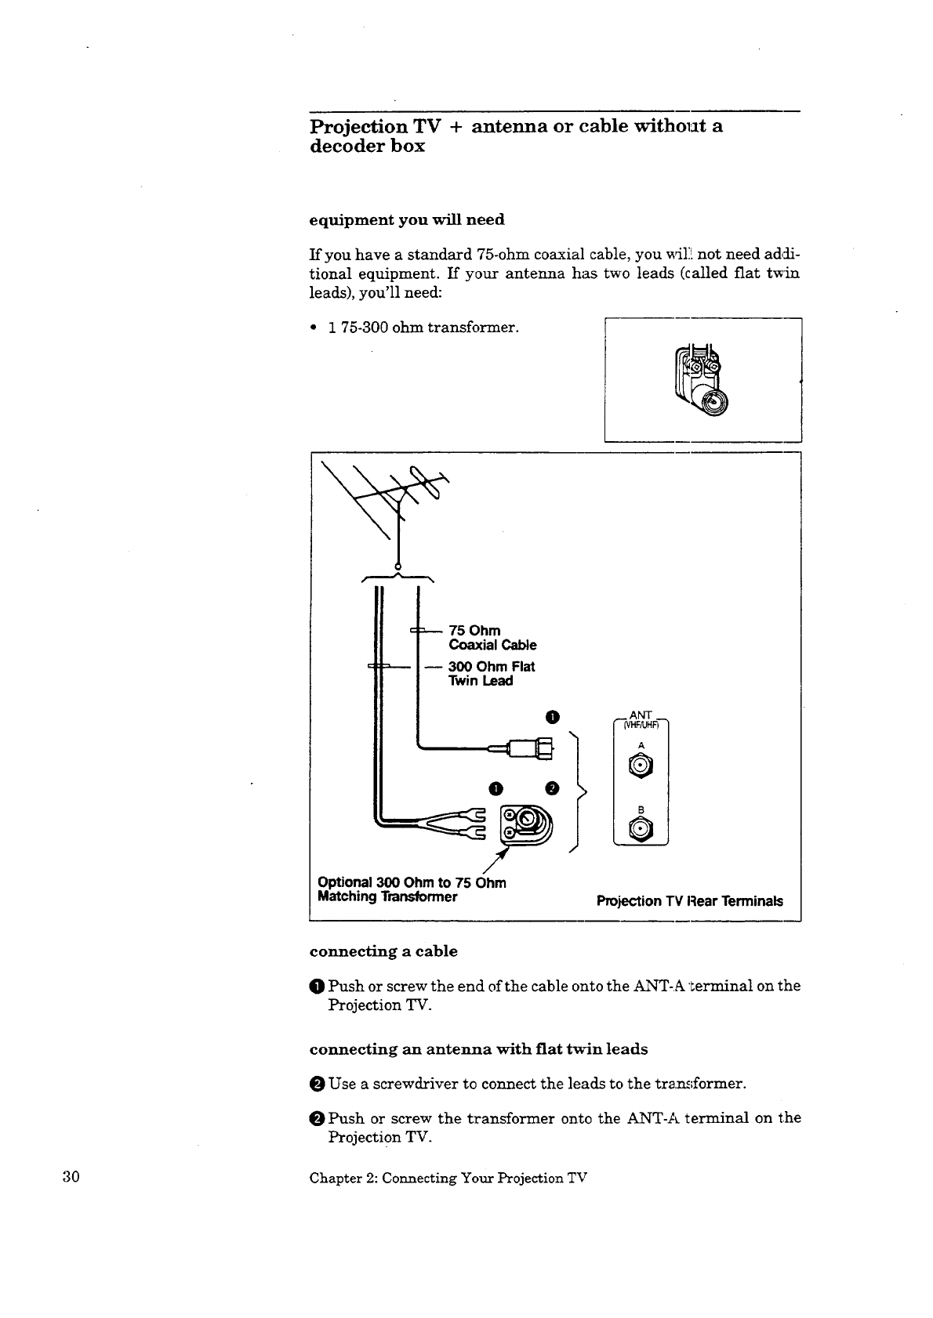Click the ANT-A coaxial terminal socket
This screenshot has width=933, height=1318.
click(641, 766)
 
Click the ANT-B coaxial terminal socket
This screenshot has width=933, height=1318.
click(641, 829)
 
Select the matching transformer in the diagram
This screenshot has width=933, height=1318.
click(528, 824)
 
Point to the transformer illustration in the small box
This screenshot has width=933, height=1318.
click(702, 378)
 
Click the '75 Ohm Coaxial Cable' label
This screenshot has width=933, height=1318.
click(492, 638)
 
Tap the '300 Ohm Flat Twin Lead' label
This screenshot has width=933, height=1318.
click(491, 674)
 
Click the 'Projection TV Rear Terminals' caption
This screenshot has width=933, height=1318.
click(689, 901)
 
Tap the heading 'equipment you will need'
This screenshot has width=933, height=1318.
click(407, 219)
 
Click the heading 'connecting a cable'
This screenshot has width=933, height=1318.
click(383, 951)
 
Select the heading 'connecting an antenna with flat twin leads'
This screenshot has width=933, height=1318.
click(478, 1048)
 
